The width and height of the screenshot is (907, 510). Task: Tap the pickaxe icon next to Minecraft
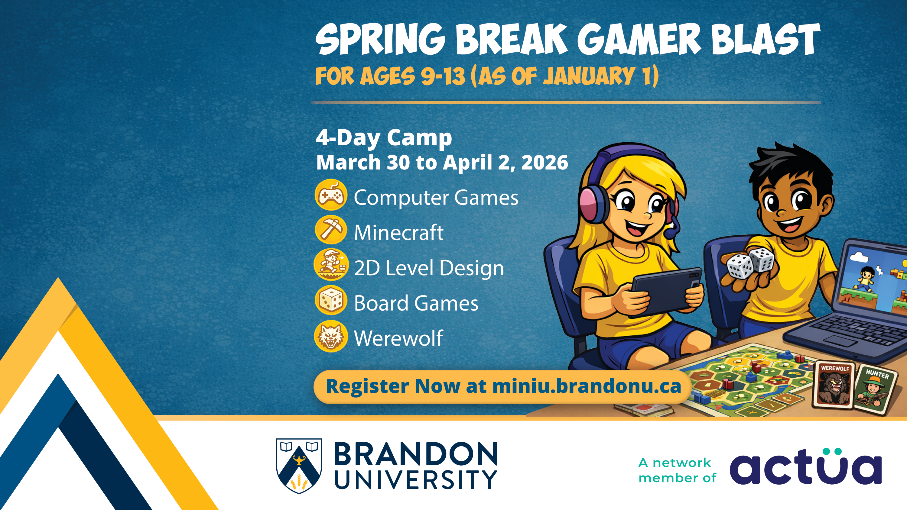331,230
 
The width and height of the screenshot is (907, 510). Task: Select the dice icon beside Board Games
331,300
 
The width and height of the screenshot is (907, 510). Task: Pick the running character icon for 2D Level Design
331,265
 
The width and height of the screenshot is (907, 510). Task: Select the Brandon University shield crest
299,465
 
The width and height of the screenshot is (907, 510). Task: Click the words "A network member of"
677,470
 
